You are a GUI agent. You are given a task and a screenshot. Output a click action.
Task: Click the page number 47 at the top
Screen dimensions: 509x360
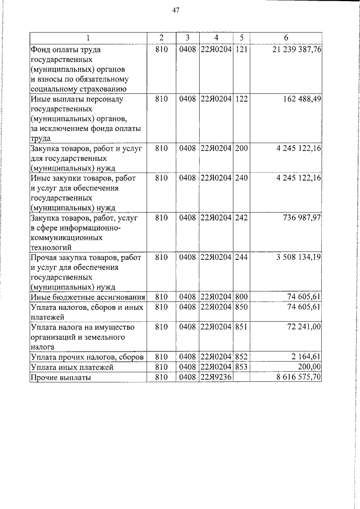[x=175, y=10]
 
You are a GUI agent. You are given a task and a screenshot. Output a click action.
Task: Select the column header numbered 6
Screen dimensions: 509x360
[x=286, y=38]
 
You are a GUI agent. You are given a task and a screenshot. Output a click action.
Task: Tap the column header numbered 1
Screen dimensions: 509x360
[x=88, y=38]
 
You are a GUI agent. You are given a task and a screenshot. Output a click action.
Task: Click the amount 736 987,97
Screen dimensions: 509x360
[x=299, y=217]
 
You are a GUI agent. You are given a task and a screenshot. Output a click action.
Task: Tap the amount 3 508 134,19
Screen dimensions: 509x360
[x=298, y=257]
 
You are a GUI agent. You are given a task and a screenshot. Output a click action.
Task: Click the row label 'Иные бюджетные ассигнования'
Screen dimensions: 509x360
[x=88, y=296]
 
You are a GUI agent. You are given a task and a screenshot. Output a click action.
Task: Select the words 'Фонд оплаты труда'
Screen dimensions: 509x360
[x=65, y=50]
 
